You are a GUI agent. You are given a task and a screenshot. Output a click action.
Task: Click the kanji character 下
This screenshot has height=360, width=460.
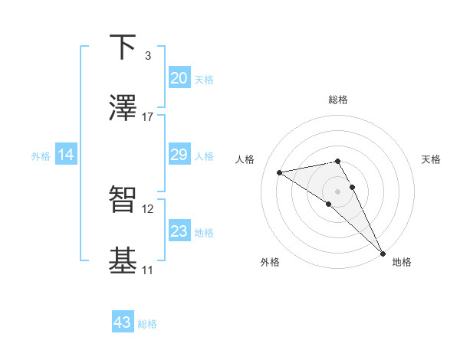[x=123, y=47]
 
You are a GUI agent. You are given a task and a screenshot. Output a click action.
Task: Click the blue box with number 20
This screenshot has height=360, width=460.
[x=179, y=78]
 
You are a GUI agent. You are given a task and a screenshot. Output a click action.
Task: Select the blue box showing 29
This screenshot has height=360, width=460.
[x=179, y=155]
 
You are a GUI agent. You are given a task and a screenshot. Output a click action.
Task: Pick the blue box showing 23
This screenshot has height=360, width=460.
[x=179, y=231]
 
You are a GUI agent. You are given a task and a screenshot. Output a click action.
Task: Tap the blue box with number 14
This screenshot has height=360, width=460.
[x=66, y=155]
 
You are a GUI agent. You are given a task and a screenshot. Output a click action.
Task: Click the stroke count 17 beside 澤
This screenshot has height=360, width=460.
[x=148, y=117]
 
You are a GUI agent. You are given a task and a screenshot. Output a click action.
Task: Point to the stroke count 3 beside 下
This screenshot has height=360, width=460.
[x=147, y=56]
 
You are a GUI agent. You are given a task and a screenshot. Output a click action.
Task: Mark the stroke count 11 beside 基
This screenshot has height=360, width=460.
[x=148, y=270]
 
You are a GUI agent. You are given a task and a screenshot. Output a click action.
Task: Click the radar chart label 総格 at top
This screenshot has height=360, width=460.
[x=337, y=100]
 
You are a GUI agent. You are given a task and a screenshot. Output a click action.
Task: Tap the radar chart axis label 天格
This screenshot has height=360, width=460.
[x=431, y=159]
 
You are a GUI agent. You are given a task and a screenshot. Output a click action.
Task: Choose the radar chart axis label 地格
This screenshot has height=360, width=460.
[x=402, y=262]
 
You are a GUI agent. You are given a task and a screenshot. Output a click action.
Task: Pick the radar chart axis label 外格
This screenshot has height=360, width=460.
[x=270, y=262]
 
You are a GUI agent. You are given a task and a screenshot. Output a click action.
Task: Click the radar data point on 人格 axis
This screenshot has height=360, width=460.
[x=280, y=172]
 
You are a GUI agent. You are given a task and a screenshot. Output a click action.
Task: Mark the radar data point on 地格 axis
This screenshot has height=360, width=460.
[x=383, y=253]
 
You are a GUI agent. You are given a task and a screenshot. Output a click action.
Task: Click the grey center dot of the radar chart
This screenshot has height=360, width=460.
[x=337, y=191]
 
